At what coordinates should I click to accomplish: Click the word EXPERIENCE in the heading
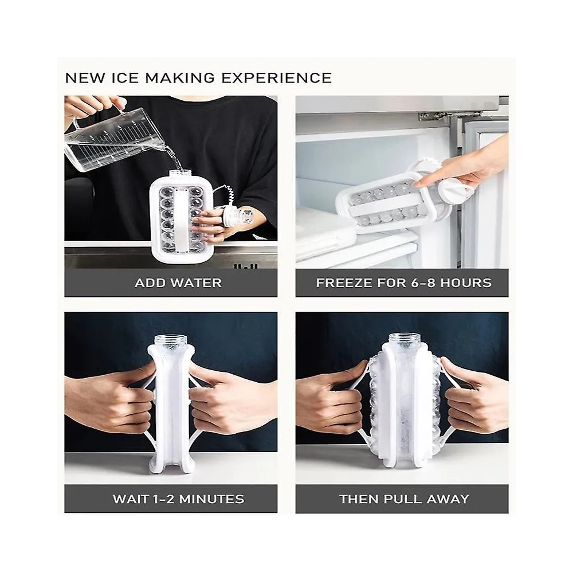[277, 78]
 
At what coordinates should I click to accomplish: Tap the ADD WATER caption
[178, 283]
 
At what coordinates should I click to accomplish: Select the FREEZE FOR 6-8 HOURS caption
[404, 283]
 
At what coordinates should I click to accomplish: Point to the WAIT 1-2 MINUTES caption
[178, 499]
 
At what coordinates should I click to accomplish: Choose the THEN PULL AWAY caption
[404, 499]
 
